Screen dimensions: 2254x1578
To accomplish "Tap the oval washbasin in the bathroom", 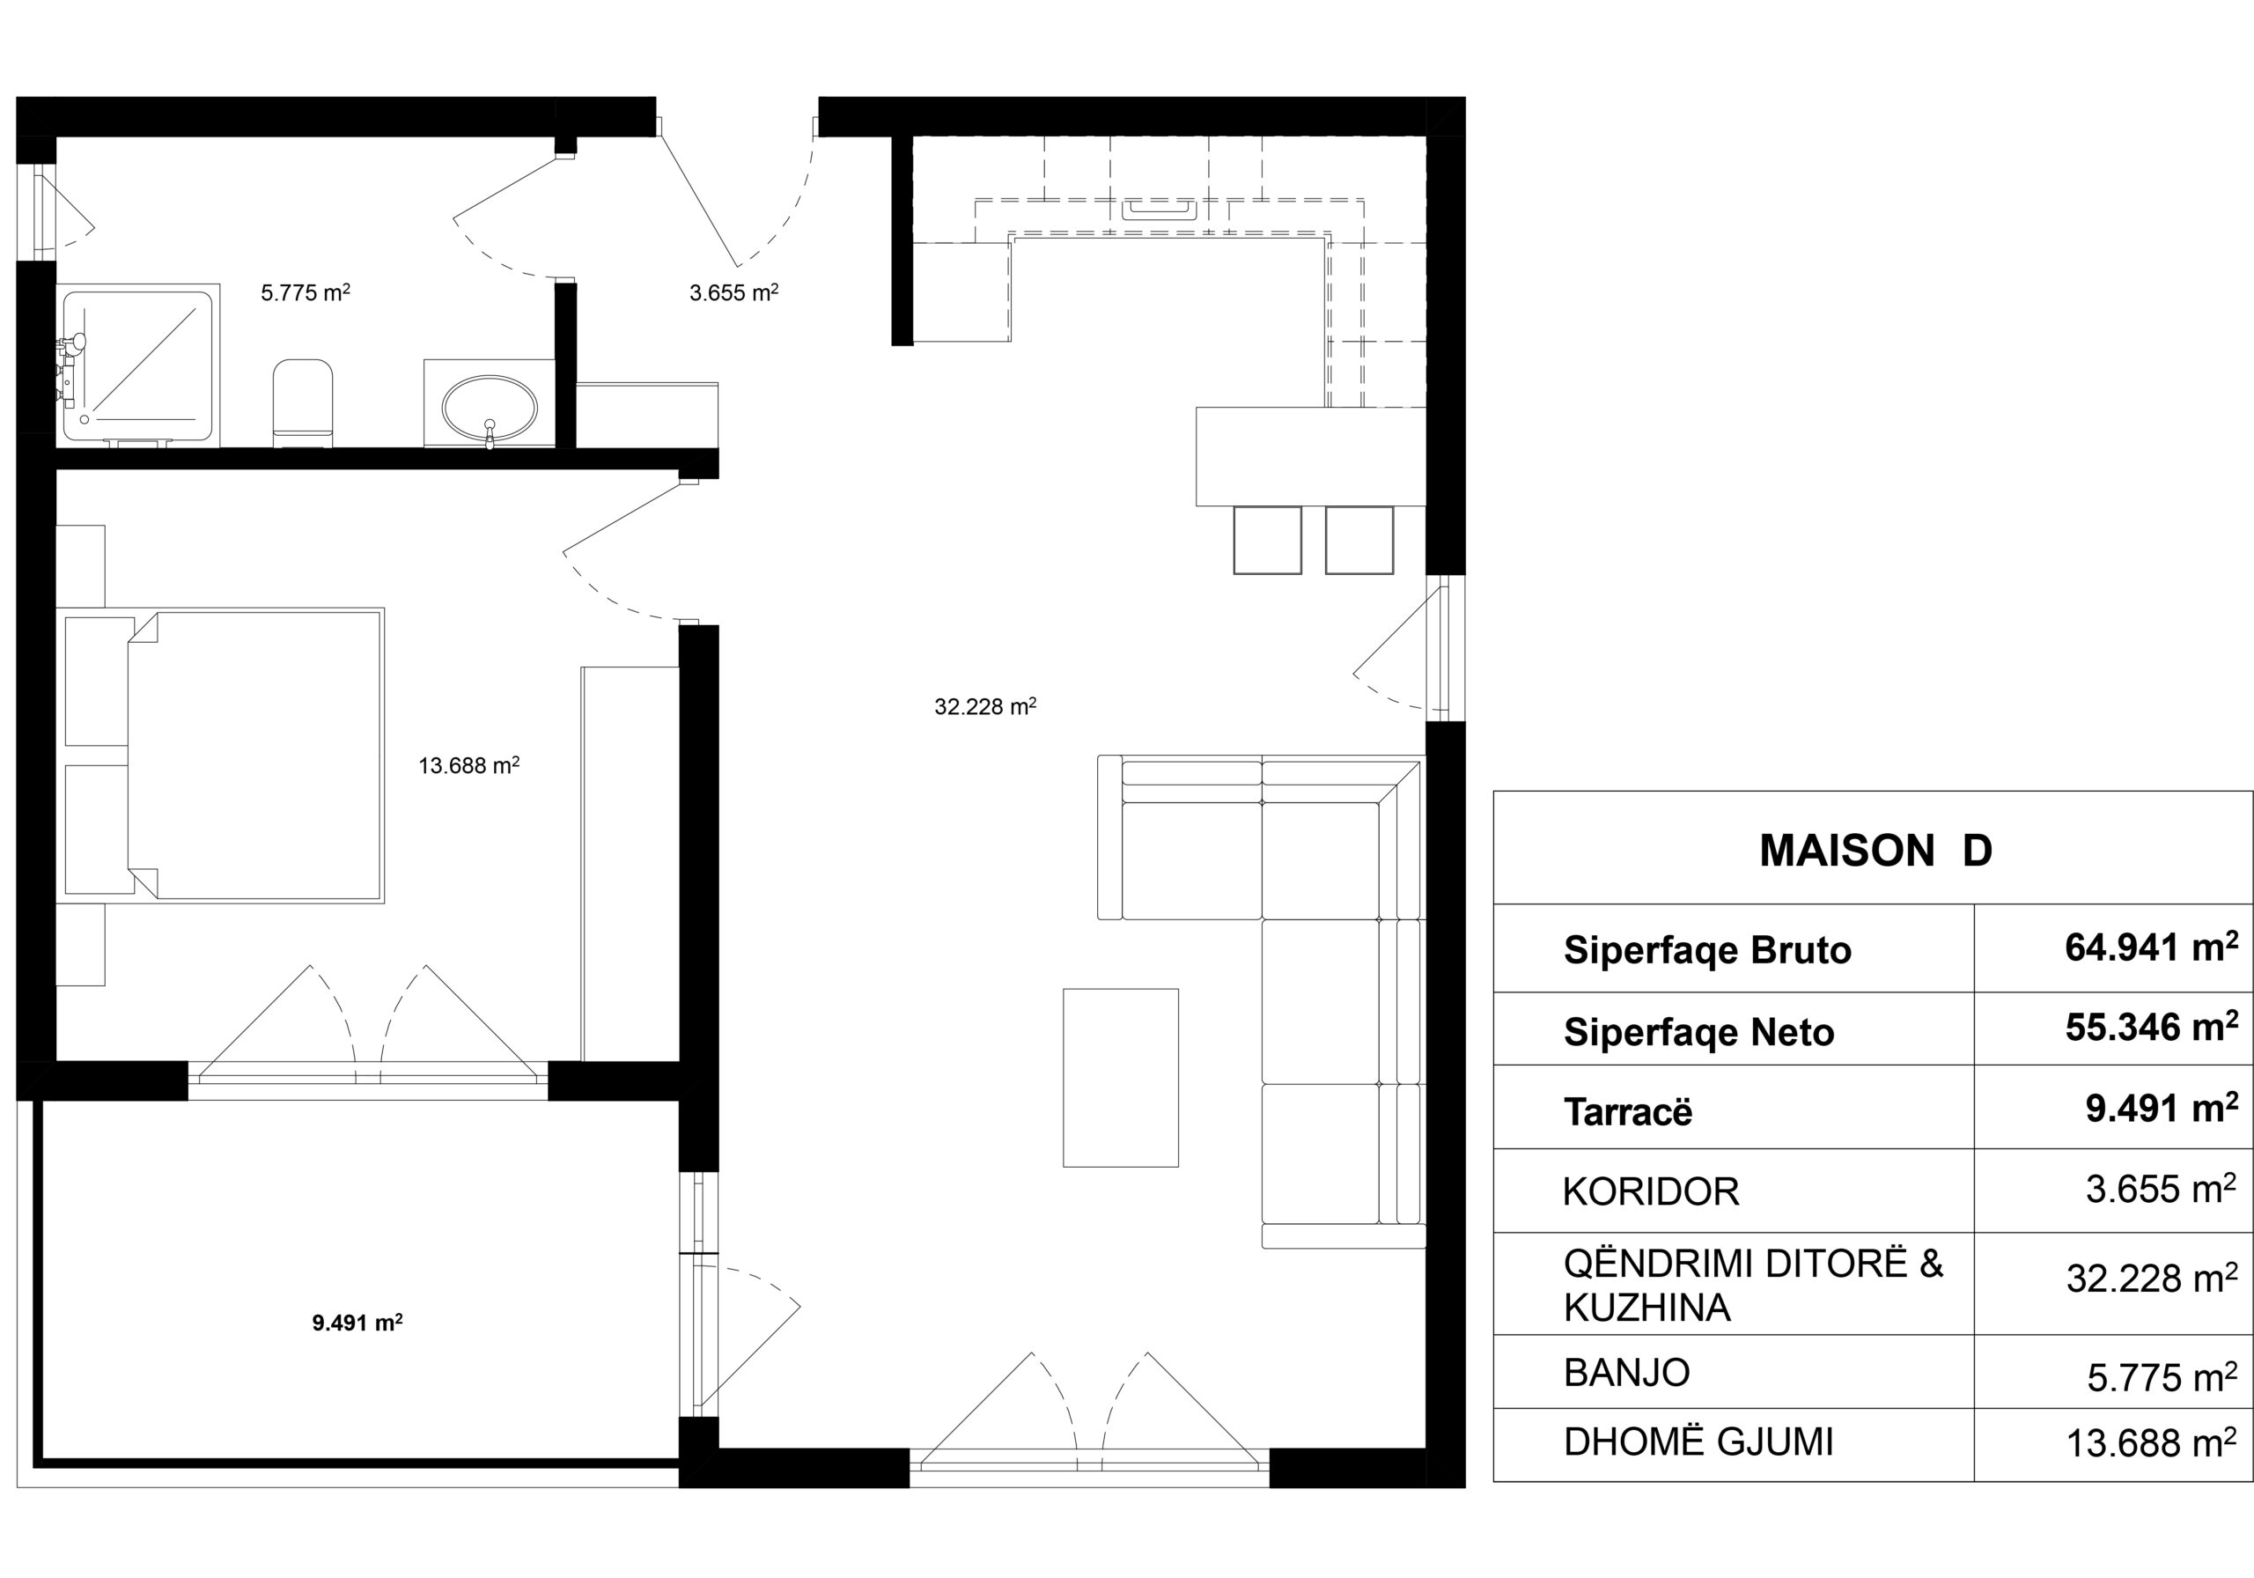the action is point(490,406).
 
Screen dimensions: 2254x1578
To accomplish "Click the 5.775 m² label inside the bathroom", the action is point(306,291).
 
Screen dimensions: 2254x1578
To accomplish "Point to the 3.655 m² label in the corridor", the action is point(734,291).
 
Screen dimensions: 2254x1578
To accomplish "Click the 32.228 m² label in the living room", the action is point(985,706).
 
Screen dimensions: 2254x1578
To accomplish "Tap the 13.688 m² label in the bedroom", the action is point(469,765).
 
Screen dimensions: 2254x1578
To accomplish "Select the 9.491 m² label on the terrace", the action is point(357,1323).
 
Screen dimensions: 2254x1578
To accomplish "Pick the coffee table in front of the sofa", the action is point(1120,1077).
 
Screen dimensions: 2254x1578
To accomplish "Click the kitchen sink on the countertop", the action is point(1160,210).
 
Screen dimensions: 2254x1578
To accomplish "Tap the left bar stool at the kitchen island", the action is point(1267,540).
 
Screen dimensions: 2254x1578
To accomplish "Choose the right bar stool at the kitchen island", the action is point(1359,540).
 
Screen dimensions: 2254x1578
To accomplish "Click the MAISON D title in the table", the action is point(1875,851).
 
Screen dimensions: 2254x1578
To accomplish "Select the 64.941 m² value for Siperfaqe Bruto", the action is point(2152,947).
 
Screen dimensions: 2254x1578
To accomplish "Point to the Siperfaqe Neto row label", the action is point(1698,1032).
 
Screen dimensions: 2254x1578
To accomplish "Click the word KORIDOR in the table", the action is point(1651,1191).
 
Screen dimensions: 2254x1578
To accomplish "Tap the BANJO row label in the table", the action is point(1627,1372).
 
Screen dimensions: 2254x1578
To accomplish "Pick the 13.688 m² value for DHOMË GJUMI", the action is point(2152,1442).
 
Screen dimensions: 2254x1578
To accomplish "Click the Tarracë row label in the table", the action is point(1628,1111).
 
